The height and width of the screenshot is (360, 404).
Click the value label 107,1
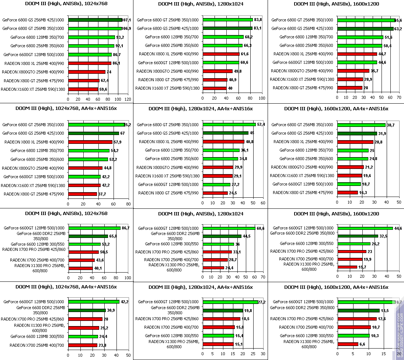click(x=126, y=20)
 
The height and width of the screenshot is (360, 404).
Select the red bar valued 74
click(x=87, y=72)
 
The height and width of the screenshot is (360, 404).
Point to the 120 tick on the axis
click(x=128, y=99)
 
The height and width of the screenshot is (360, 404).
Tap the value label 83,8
click(x=258, y=20)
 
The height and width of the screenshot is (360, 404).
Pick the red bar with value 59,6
click(x=83, y=89)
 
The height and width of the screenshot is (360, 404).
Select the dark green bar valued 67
click(x=94, y=133)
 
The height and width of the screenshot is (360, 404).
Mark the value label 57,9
click(x=118, y=142)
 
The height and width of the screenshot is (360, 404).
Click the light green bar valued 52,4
click(x=229, y=125)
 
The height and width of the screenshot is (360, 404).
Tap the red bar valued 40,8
click(x=223, y=142)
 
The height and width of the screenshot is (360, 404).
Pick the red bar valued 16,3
click(x=348, y=193)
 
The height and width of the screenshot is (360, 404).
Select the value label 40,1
click(x=98, y=269)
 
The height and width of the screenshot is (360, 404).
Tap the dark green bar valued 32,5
click(x=358, y=236)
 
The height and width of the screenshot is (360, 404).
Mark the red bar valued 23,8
click(x=83, y=345)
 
